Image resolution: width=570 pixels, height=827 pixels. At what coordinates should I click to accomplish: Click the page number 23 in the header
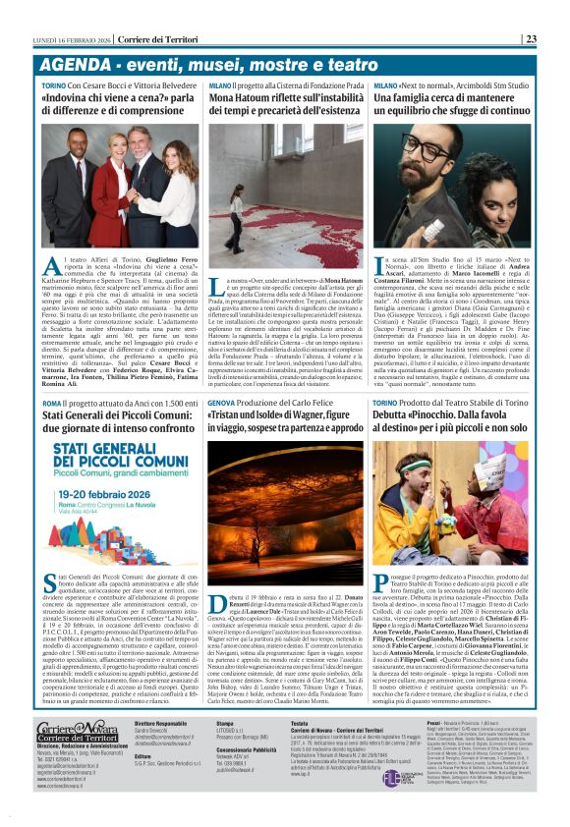[x=557, y=39]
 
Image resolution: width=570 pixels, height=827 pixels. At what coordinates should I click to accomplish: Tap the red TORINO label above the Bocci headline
[x=54, y=86]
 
